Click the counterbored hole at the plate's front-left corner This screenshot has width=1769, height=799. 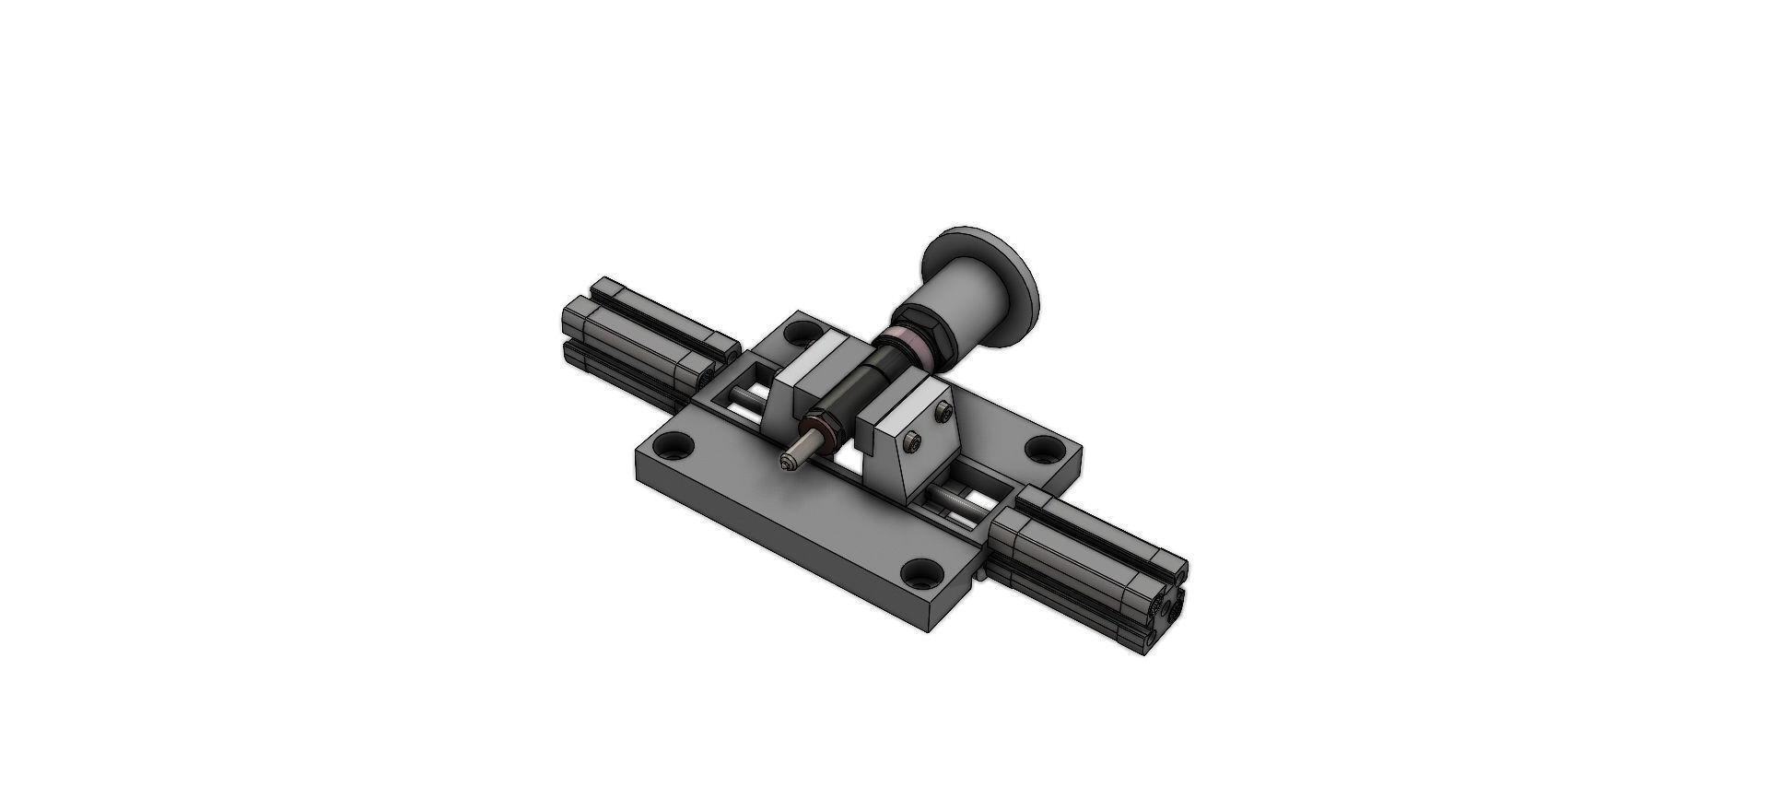(681, 448)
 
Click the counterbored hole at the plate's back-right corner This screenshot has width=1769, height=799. (1043, 450)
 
